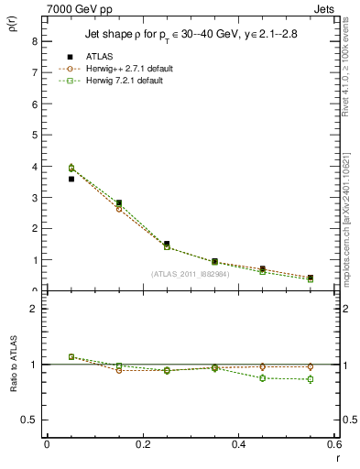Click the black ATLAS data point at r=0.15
tap(118, 203)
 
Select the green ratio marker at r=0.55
tap(310, 379)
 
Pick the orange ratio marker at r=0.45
tap(262, 366)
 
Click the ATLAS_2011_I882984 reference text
tap(190, 274)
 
